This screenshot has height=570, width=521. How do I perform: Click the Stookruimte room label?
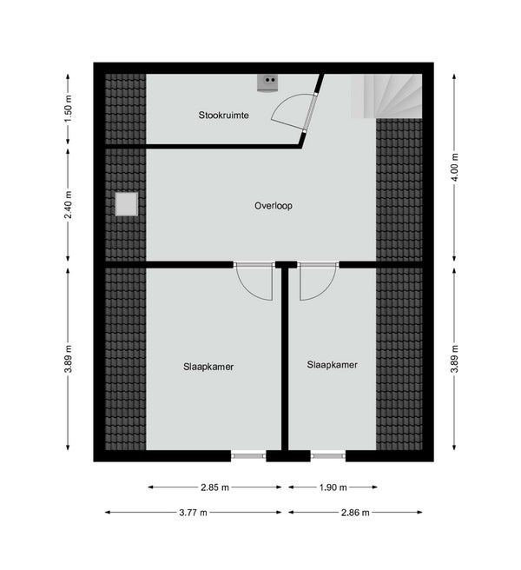(x=223, y=115)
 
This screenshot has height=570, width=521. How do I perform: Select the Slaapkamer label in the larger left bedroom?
(x=208, y=367)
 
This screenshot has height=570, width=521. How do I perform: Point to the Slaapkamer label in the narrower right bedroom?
(x=332, y=365)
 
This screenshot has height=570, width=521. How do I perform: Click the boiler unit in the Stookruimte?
(x=267, y=83)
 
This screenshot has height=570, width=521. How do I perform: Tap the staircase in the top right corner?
(x=386, y=96)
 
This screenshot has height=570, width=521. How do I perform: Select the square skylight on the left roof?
(x=126, y=203)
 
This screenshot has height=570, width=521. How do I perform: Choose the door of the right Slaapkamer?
(x=316, y=282)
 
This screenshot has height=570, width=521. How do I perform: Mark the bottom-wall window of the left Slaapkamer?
(x=248, y=454)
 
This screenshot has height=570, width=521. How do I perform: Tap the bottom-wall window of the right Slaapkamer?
(x=327, y=454)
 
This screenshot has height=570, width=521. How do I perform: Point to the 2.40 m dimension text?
(x=69, y=205)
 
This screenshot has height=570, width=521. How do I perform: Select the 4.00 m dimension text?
(x=453, y=165)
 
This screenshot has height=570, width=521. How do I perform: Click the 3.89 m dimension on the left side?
(x=69, y=358)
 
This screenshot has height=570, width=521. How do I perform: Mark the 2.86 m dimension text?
(x=355, y=513)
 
